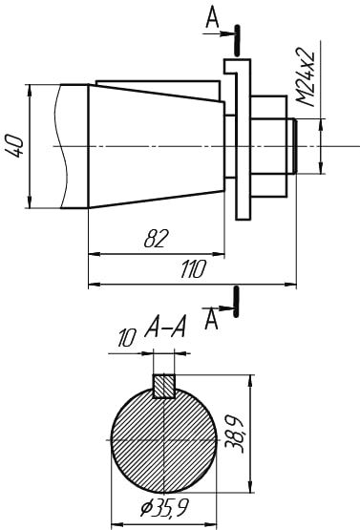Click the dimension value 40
click(x=15, y=146)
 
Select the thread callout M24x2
click(x=306, y=78)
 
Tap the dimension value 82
click(x=156, y=239)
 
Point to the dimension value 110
click(x=193, y=269)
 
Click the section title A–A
click(x=165, y=327)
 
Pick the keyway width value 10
click(x=127, y=338)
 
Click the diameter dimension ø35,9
click(x=164, y=507)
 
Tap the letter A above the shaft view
click(x=213, y=16)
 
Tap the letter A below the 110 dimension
click(x=212, y=320)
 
